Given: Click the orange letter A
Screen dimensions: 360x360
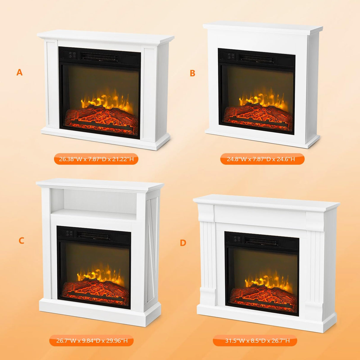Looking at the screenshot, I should click(20, 72).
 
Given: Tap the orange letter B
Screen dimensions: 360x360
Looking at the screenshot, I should click(192, 73).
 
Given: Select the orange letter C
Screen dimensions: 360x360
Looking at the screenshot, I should click(21, 240).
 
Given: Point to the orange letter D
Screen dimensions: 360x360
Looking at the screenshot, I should click(183, 243).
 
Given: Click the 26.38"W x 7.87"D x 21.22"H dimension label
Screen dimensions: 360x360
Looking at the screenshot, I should click(96, 159).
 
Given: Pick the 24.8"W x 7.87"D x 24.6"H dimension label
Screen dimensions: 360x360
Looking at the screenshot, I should click(262, 159).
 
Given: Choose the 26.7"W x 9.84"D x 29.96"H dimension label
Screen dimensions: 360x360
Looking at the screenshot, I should click(92, 341).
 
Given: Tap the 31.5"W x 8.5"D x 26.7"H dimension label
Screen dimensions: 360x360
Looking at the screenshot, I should click(255, 341).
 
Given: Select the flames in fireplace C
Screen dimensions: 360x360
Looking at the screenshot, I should click(98, 274).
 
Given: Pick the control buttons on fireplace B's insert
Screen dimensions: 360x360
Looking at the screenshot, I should click(232, 56).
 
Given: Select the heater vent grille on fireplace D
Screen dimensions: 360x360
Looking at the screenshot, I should click(262, 241).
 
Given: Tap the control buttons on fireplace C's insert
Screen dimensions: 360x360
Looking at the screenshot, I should click(69, 233).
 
